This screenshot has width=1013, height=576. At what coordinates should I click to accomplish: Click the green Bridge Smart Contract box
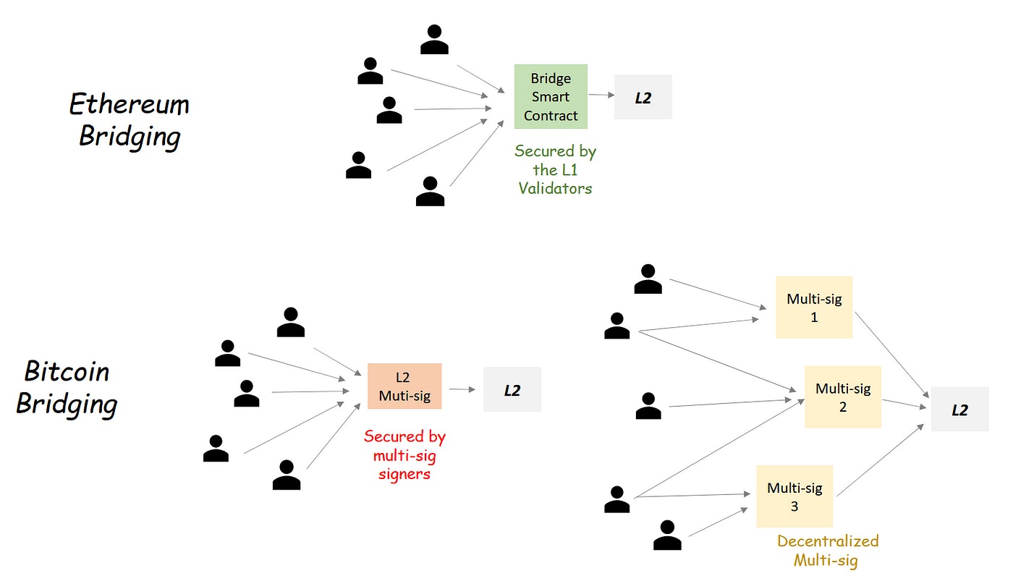(551, 97)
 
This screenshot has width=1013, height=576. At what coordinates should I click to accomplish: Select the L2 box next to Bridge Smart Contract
(643, 97)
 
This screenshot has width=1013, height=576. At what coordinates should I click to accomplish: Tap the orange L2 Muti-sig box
(404, 386)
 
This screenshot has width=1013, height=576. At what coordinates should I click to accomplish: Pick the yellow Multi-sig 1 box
(814, 307)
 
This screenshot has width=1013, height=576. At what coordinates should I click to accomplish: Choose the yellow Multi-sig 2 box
(843, 397)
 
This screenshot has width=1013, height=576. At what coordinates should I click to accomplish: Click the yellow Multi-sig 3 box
(794, 496)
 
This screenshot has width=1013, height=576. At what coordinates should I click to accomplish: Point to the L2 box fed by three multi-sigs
(959, 410)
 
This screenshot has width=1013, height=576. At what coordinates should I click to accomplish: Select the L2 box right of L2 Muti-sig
(512, 390)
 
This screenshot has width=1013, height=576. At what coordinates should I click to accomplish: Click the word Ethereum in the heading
(129, 105)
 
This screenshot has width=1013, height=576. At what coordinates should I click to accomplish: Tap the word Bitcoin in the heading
(67, 372)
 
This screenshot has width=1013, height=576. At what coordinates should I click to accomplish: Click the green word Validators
(555, 188)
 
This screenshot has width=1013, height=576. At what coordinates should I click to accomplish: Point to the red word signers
(404, 474)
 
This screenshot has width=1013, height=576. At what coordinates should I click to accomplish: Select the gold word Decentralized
(828, 541)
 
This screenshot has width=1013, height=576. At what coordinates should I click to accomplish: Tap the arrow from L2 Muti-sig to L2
(462, 389)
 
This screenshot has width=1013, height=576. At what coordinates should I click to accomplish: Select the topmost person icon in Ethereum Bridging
(434, 41)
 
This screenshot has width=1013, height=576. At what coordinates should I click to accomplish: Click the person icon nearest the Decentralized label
(667, 535)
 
